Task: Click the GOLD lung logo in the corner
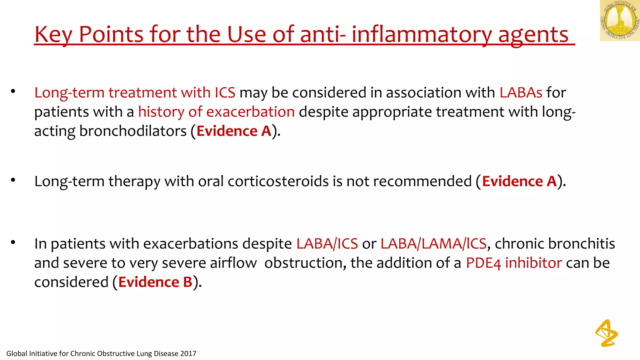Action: (620, 21)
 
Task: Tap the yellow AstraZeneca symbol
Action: (607, 333)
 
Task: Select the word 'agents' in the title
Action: (533, 35)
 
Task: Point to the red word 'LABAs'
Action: (521, 92)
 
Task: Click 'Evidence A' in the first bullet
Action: (234, 131)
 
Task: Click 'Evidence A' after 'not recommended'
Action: (519, 181)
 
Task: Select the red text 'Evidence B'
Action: (155, 282)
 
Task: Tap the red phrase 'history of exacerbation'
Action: (216, 112)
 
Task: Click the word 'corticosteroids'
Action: (278, 181)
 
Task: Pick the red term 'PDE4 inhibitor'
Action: (514, 263)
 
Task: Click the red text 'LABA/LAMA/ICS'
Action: (433, 244)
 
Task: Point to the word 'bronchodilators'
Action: (133, 131)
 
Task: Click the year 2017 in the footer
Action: (188, 354)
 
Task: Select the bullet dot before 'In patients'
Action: (13, 242)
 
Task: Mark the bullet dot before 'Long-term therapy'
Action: (13, 180)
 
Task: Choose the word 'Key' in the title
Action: (53, 35)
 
